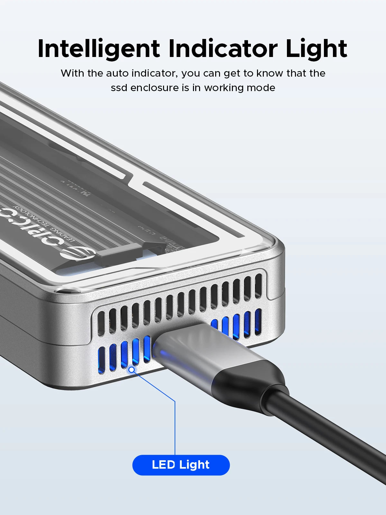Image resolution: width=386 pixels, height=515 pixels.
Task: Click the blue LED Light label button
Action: tap(181, 465)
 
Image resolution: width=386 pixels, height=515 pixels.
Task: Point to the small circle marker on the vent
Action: tap(132, 370)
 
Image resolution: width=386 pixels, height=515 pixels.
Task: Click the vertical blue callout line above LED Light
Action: tap(175, 428)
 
